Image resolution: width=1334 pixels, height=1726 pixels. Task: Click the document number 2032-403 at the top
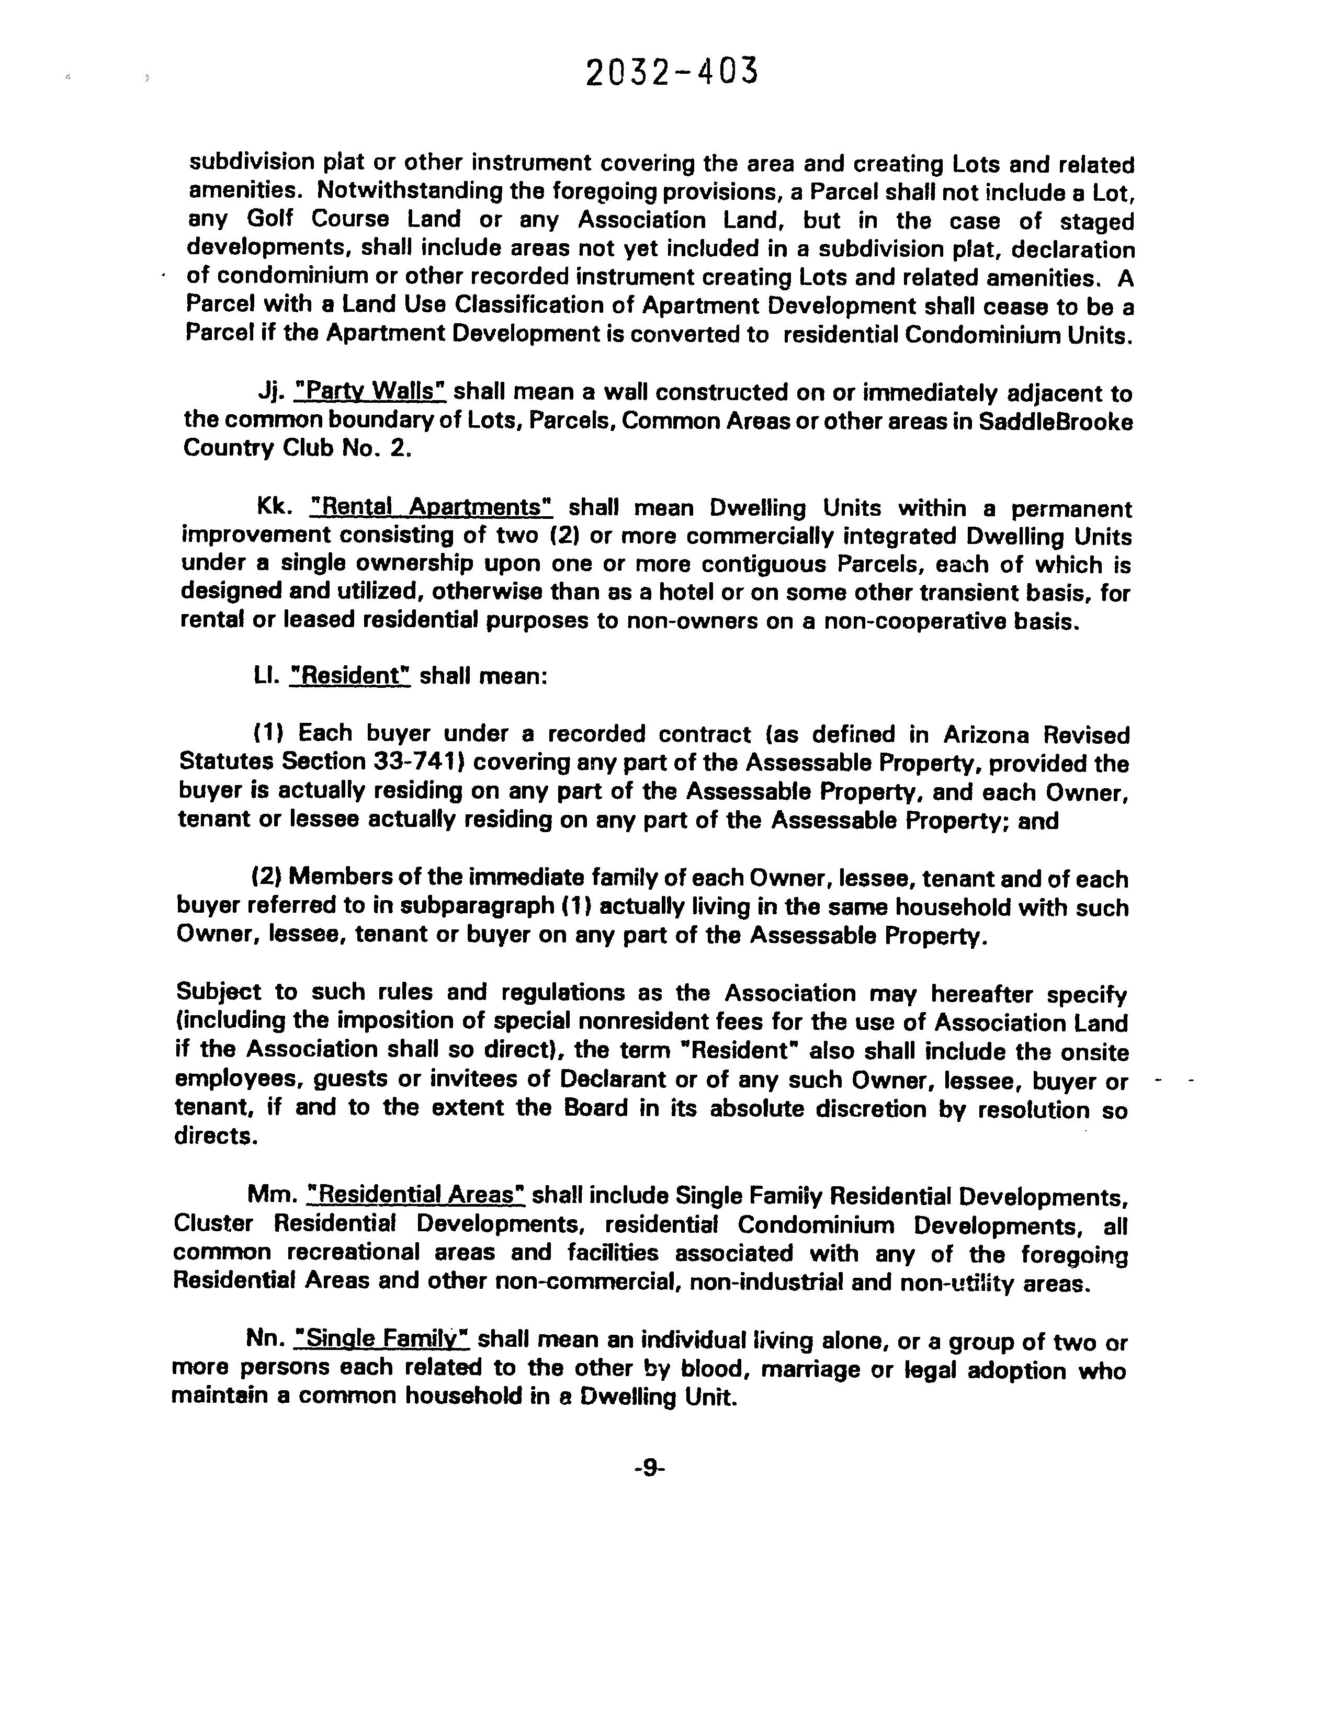pyautogui.click(x=672, y=73)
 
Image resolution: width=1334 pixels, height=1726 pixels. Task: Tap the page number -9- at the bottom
pyautogui.click(x=650, y=1468)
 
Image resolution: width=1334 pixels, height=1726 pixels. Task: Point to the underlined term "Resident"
pyautogui.click(x=350, y=676)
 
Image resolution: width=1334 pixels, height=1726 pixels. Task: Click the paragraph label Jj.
pyautogui.click(x=270, y=391)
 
